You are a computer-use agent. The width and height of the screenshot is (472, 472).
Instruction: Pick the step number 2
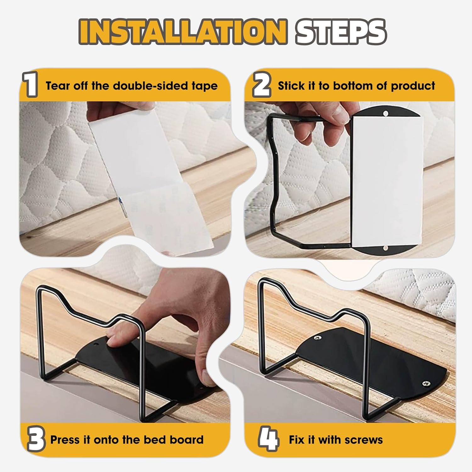pos(261,86)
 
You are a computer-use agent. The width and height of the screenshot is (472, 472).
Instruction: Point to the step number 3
pos(35,440)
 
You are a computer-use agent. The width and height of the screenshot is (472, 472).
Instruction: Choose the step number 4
pos(268,440)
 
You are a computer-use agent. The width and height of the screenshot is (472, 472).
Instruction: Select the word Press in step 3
pos(64,440)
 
